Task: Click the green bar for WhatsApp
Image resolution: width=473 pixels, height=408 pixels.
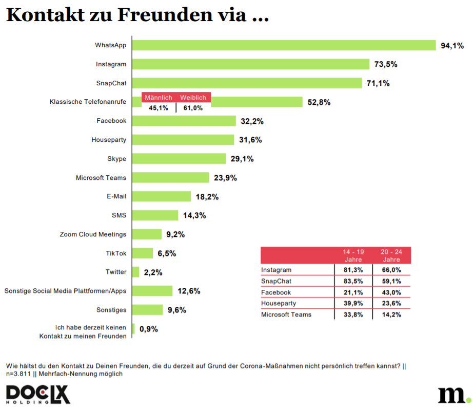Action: point(284,45)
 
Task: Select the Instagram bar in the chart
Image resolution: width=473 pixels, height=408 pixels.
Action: point(251,64)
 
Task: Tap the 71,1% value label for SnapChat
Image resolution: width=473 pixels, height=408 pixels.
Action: point(378,83)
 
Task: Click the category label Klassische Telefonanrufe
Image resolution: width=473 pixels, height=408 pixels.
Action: point(88,102)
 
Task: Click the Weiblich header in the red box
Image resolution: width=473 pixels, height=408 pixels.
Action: point(193,98)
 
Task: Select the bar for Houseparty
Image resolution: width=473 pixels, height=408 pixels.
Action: point(183,140)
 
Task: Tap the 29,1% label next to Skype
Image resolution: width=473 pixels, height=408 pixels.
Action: point(242,159)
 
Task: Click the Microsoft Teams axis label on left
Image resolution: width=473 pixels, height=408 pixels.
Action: point(101,178)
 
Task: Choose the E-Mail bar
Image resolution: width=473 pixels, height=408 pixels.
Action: point(162,196)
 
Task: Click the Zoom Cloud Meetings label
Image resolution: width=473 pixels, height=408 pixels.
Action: point(93,234)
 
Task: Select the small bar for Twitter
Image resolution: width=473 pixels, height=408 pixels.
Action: point(135,272)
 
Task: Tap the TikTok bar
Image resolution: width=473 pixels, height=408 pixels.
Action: point(143,253)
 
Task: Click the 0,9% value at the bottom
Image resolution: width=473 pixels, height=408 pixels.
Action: point(149,329)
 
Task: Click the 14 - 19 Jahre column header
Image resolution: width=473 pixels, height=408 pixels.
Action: point(353,255)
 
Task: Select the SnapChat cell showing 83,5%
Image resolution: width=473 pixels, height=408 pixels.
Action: point(353,281)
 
